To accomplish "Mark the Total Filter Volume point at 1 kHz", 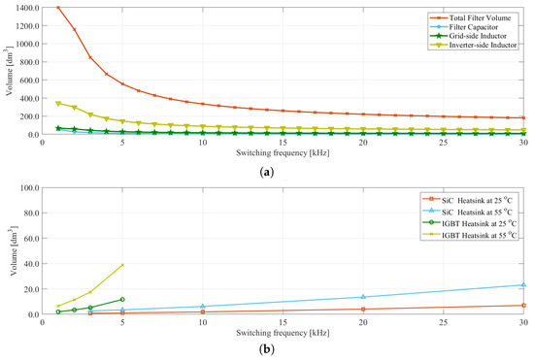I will point(58,8).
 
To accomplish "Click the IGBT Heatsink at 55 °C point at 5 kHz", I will point(122,265).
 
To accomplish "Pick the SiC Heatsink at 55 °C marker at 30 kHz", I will point(523,284).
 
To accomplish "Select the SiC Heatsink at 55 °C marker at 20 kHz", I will point(363,297).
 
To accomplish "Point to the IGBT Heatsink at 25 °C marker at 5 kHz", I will point(122,299).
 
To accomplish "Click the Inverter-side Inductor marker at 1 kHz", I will point(58,103).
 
